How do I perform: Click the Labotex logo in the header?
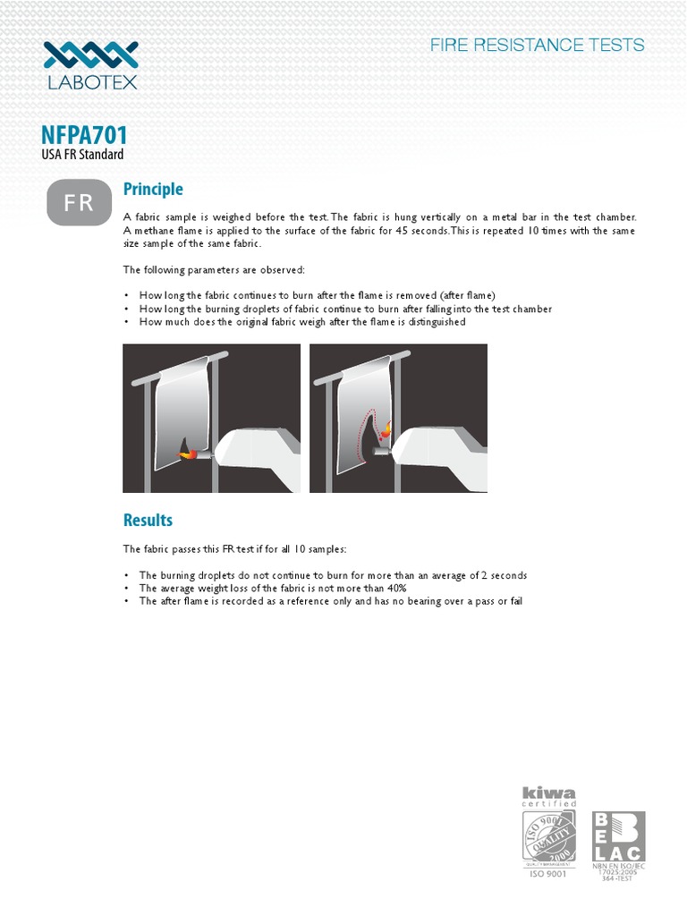point(91,65)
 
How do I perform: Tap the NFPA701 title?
point(85,136)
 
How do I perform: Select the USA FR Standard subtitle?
point(82,155)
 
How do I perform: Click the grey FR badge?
point(78,203)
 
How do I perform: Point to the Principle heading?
point(153,189)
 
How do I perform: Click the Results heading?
point(148,520)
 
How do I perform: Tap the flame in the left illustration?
point(189,454)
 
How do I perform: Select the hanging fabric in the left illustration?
point(179,398)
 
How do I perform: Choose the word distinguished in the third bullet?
point(435,321)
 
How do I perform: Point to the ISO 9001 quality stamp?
point(549,836)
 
